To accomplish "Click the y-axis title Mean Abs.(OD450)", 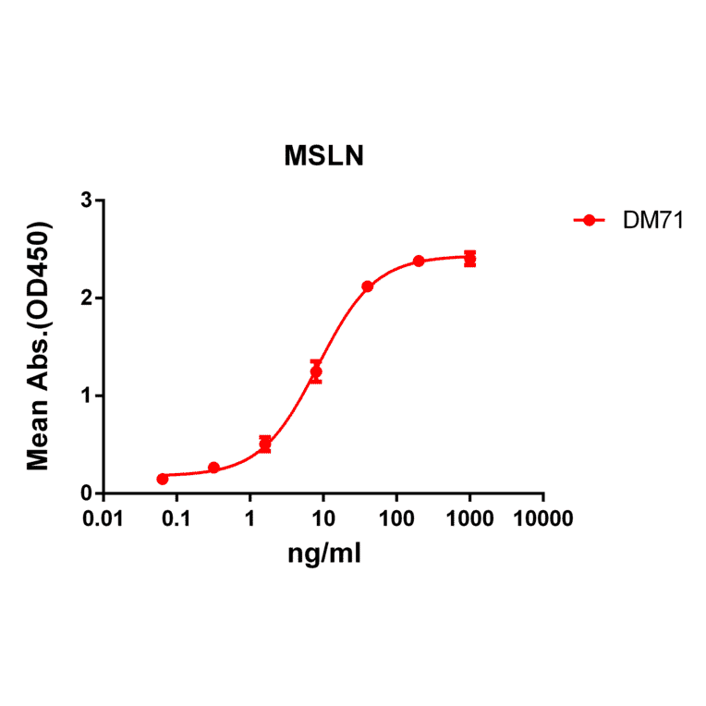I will coord(39,346).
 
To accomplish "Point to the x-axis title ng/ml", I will coord(323,554).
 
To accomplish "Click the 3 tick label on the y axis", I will coord(86,201).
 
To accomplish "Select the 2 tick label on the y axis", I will coord(86,298).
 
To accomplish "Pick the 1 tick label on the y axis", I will coord(86,396).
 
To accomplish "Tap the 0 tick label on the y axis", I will coord(86,494).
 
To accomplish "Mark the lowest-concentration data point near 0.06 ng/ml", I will coord(163,479).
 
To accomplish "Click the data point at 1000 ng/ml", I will coord(469,259).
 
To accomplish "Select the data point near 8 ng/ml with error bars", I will coord(316,371).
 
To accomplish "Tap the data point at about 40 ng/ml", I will coord(367,286).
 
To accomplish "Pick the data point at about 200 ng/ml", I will coord(419,261).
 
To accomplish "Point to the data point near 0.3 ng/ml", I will coord(213,468).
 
